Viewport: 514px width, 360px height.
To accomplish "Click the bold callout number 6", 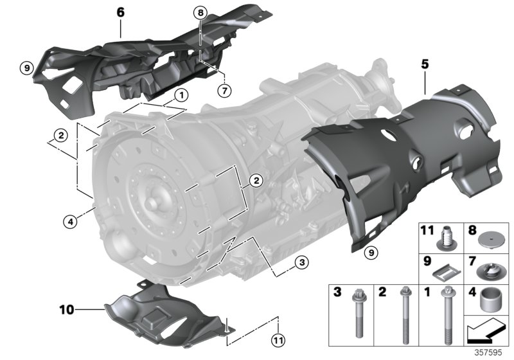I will (121, 11).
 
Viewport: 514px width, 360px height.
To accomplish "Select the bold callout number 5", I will (424, 65).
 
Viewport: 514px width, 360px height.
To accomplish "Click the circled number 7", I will (224, 90).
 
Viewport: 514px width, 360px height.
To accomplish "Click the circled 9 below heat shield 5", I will (369, 253).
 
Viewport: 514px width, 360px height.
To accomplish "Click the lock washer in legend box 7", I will (492, 273).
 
